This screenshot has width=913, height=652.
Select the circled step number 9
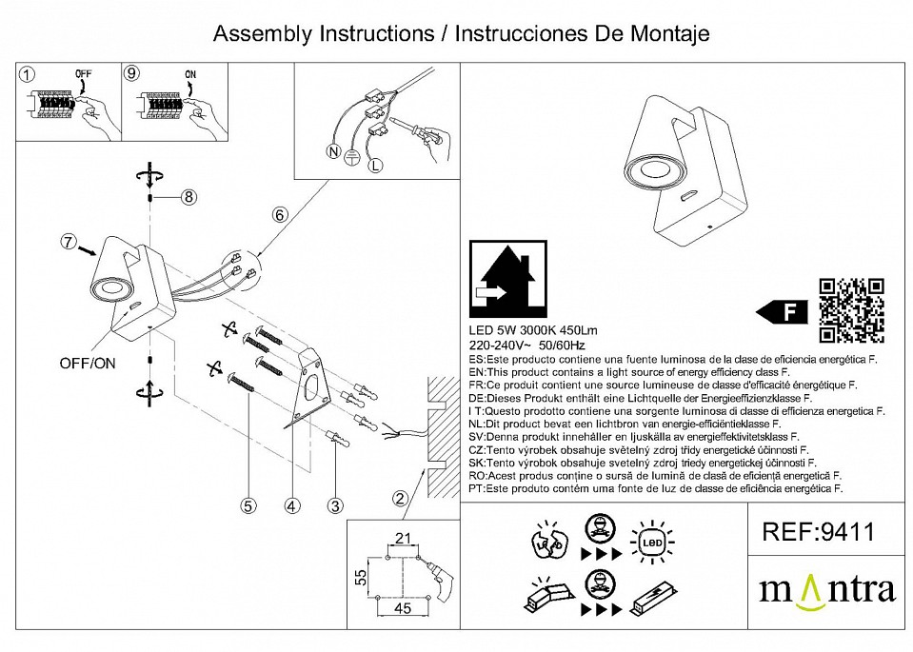[132, 73]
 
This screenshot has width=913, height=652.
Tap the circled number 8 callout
[189, 197]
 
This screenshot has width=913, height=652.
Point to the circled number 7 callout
[67, 242]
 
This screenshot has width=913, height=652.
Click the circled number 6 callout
[280, 215]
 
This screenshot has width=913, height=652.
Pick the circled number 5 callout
[248, 507]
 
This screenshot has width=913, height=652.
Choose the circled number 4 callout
[292, 507]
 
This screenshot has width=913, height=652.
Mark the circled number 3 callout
[335, 507]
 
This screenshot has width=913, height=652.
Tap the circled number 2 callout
[400, 498]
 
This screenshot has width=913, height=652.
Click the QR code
[852, 309]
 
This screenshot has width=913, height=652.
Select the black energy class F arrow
[780, 310]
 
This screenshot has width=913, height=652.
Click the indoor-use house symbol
[509, 279]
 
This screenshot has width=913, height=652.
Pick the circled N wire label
[333, 152]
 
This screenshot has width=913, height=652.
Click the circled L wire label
[374, 166]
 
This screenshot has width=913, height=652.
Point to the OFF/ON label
[89, 364]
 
